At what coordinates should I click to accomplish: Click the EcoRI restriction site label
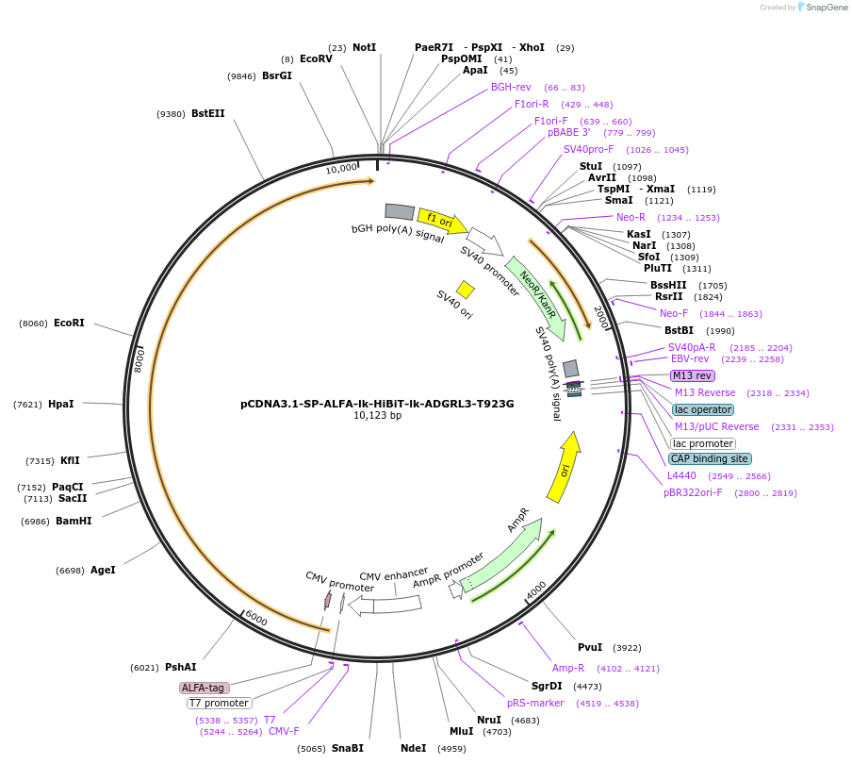(69, 323)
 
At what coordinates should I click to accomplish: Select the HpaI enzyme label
(60, 404)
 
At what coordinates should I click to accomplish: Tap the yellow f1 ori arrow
(442, 222)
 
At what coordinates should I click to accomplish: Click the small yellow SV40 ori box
(466, 290)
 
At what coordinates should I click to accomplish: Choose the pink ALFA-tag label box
(204, 688)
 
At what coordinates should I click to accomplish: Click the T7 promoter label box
(219, 703)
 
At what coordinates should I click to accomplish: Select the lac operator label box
(702, 409)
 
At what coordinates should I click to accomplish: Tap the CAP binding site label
(709, 458)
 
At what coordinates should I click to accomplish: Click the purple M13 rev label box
(692, 375)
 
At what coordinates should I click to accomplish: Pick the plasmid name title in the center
(377, 404)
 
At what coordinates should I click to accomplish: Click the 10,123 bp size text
(377, 416)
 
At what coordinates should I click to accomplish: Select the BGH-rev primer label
(511, 87)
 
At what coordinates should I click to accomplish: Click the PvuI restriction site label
(590, 647)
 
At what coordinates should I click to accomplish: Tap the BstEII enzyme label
(208, 113)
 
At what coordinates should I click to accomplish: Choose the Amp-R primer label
(568, 668)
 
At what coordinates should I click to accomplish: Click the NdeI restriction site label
(413, 748)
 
